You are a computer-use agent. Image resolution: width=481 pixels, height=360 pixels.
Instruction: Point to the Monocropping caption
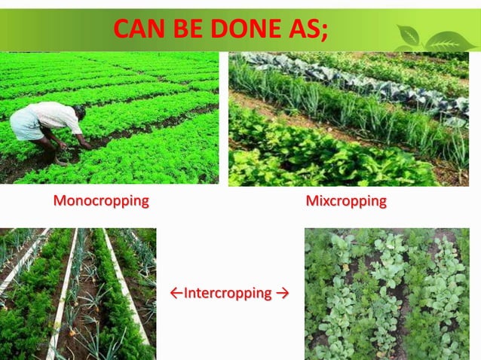point(100,202)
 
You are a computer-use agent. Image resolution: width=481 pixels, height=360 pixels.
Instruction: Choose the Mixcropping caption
point(346,202)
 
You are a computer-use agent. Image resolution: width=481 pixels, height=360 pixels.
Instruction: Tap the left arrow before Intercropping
point(176,292)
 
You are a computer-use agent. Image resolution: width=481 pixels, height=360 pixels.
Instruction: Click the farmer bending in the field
point(49,128)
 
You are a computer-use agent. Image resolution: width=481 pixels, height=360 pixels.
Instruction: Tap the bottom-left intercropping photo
point(78,294)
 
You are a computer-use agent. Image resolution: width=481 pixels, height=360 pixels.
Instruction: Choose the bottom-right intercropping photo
point(386,294)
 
